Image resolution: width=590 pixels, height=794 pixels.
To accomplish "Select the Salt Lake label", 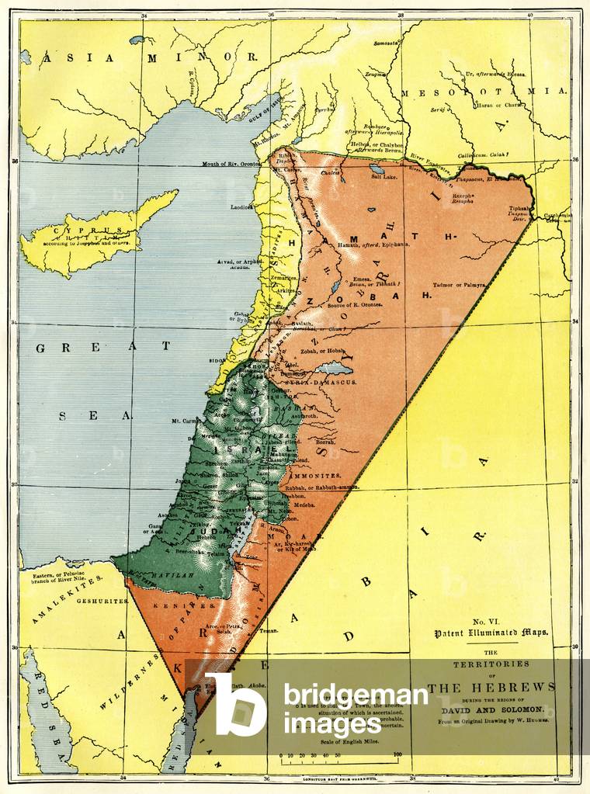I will pos(384,177).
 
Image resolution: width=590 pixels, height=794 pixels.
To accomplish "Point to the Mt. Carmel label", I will pos(188,421).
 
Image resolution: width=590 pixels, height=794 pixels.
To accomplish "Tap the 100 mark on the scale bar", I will pos(397,754).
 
